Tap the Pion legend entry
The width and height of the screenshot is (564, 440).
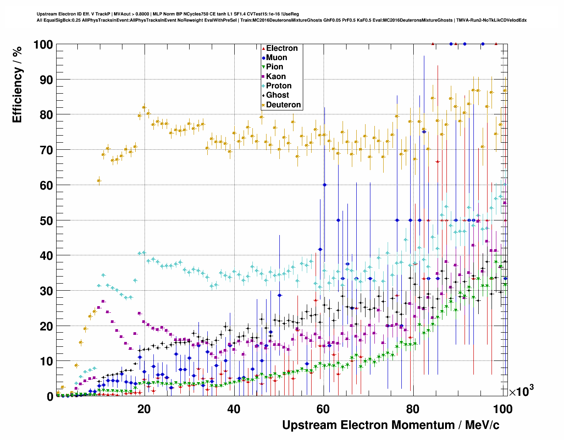(274, 67)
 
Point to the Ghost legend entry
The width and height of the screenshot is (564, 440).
(277, 95)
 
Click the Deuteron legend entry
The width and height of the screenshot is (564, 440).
(283, 105)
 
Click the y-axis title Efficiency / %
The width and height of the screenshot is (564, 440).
(17, 84)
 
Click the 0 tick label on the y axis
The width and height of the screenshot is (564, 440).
(50, 397)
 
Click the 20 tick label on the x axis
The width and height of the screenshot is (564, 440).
(144, 409)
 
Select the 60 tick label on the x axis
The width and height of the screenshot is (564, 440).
(323, 409)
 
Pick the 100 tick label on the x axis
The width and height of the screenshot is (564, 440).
(503, 409)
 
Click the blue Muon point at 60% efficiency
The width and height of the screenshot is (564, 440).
(325, 185)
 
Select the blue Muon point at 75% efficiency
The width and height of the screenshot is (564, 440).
(424, 132)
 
